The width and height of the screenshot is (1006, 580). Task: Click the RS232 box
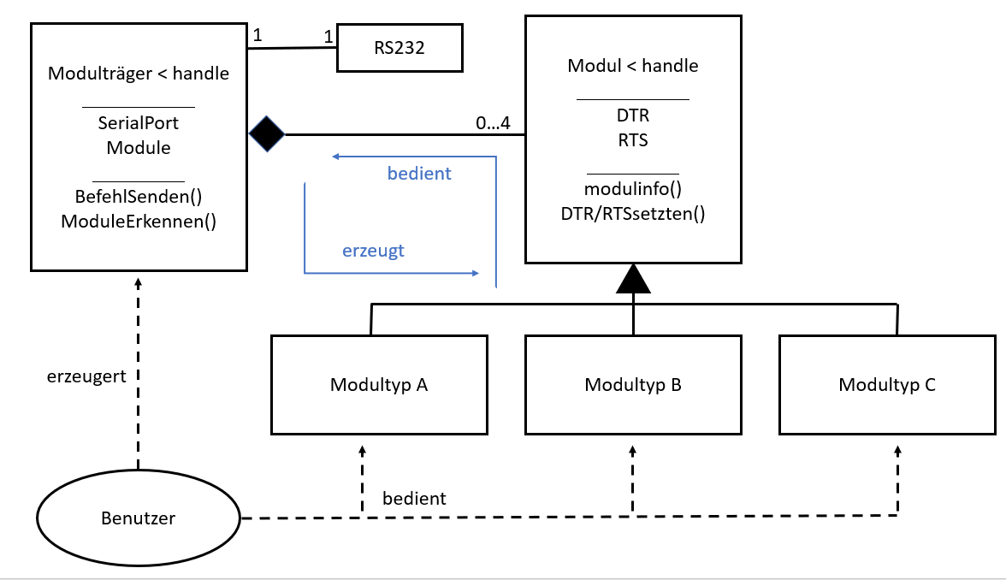[399, 49]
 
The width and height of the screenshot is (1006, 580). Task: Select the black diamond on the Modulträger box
[267, 134]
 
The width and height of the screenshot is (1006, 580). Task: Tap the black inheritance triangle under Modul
[633, 280]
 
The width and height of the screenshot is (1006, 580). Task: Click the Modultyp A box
[379, 384]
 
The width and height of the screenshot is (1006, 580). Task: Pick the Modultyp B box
[633, 384]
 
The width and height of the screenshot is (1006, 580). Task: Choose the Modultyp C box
[887, 384]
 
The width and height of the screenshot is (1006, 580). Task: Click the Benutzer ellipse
[138, 518]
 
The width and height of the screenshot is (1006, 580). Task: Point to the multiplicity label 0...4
[493, 123]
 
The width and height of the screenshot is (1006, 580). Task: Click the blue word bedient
[419, 174]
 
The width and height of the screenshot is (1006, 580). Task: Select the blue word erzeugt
[373, 251]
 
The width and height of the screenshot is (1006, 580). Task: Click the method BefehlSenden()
[139, 196]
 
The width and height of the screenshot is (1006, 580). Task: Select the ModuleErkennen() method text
[139, 222]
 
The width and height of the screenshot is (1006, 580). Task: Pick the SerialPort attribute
[139, 122]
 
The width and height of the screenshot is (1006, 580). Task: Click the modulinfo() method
[633, 188]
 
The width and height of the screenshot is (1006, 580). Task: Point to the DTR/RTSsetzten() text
[633, 214]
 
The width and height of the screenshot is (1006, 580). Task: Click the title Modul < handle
[633, 66]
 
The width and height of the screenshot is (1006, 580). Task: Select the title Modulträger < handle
[139, 74]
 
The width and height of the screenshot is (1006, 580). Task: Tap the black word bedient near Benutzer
[414, 497]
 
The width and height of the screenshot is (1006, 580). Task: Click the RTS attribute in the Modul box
[633, 140]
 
